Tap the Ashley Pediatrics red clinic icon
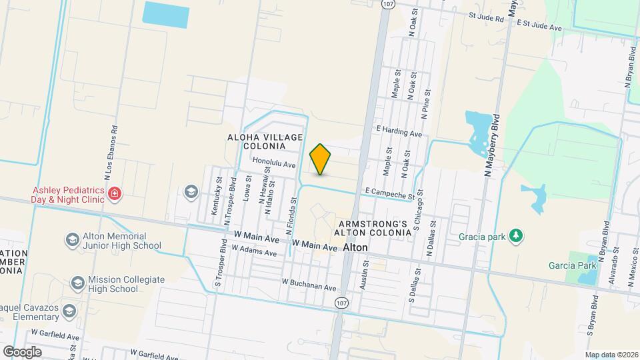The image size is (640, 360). click(x=115, y=194)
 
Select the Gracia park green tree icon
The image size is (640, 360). click(x=514, y=236)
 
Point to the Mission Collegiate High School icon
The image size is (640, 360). click(x=77, y=284)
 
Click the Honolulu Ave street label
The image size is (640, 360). click(x=273, y=163)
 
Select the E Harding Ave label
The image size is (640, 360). click(x=399, y=133)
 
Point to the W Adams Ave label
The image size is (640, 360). click(x=253, y=250)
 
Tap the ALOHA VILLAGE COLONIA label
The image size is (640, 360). click(x=265, y=141)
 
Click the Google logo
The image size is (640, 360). click(x=21, y=351)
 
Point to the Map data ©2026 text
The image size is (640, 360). click(x=611, y=355)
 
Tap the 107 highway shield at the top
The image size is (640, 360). click(x=386, y=4)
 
